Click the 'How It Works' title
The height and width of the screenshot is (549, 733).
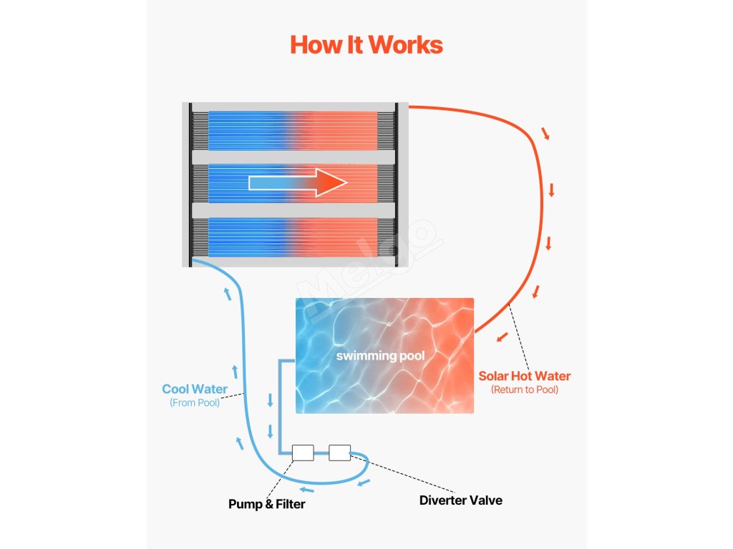pyautogui.click(x=366, y=44)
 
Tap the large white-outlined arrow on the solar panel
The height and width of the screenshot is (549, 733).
pyautogui.click(x=297, y=183)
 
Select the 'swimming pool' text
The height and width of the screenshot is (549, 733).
pyautogui.click(x=381, y=356)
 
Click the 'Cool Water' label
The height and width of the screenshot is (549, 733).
pyautogui.click(x=195, y=390)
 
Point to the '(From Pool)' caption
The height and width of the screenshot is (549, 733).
pyautogui.click(x=195, y=403)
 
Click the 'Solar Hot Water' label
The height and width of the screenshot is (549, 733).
pyautogui.click(x=525, y=376)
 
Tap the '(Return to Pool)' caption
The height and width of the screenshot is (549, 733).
pyautogui.click(x=525, y=390)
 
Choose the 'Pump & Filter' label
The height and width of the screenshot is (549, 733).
pyautogui.click(x=266, y=505)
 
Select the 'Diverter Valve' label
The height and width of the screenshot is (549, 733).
pyautogui.click(x=460, y=500)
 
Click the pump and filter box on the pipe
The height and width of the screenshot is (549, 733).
pyautogui.click(x=303, y=452)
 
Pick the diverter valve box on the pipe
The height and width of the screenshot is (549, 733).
pyautogui.click(x=339, y=452)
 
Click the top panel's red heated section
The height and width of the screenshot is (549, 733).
pyautogui.click(x=336, y=130)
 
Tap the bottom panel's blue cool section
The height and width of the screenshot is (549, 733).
pyautogui.click(x=247, y=237)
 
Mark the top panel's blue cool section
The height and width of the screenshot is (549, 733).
pyautogui.click(x=247, y=130)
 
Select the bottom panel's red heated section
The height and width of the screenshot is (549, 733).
pyautogui.click(x=336, y=237)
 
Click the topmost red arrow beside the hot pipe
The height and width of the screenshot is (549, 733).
pyautogui.click(x=546, y=134)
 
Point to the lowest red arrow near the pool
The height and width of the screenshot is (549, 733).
pyautogui.click(x=503, y=336)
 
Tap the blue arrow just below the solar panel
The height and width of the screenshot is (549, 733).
pyautogui.click(x=228, y=292)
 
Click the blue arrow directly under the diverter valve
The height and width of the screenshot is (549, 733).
pyautogui.click(x=364, y=482)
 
